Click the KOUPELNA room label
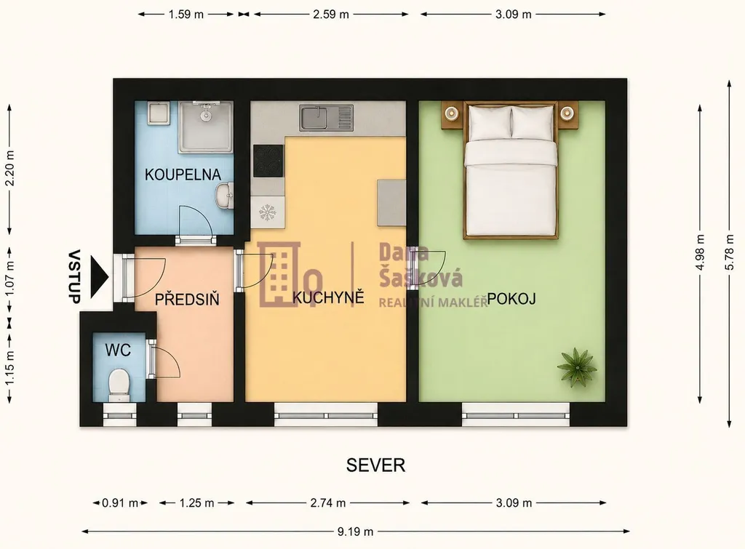183,175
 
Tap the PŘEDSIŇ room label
187,299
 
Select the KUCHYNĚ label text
328,297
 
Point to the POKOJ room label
511,299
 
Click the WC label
118,350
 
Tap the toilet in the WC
119,385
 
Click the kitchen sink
327,119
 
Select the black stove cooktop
268,161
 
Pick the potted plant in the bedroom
577,366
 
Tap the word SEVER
375,465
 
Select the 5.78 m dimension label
730,253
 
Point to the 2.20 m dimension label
10,169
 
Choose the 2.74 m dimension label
328,503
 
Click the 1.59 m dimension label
186,15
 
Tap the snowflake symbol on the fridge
268,213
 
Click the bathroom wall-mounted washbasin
224,196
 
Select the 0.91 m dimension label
120,503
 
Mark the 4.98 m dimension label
700,253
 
